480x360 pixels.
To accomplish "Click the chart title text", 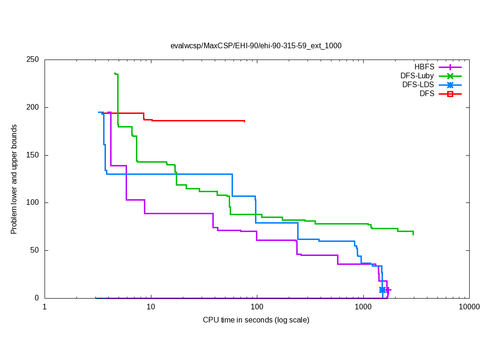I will pyautogui.click(x=256, y=46).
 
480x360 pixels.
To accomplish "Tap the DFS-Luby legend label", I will pyautogui.click(x=417, y=76).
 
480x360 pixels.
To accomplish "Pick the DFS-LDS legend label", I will pyautogui.click(x=418, y=85).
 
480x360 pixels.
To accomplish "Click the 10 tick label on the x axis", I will pyautogui.click(x=150, y=307).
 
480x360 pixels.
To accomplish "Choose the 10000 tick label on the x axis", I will pyautogui.click(x=469, y=307).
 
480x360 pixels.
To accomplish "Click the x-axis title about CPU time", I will pyautogui.click(x=256, y=320).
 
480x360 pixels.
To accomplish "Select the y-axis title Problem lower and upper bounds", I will pyautogui.click(x=14, y=179).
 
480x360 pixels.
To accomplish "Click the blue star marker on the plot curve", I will pyautogui.click(x=382, y=290).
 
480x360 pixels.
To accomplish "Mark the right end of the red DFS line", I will pyautogui.click(x=245, y=121).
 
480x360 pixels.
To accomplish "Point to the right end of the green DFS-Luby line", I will pyautogui.click(x=413, y=233).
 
